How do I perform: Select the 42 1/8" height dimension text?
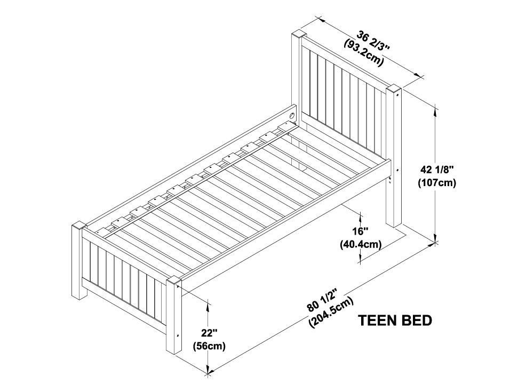[x=437, y=170]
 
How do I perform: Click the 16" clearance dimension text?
[x=361, y=232]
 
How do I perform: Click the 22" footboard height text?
[x=209, y=334]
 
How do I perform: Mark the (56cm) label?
[x=209, y=346]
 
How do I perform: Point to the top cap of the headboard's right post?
[x=394, y=89]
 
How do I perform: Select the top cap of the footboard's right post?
[x=173, y=280]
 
